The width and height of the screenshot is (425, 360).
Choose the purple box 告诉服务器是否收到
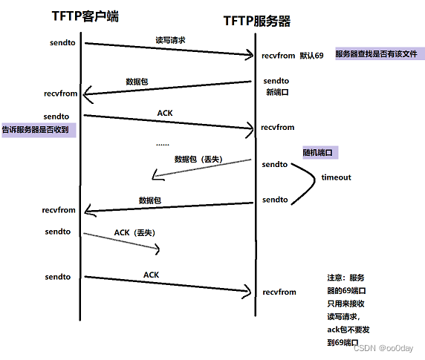tap(39, 129)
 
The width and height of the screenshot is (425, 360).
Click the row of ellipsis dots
tap(162, 144)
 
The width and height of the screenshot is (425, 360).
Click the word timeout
tap(336, 177)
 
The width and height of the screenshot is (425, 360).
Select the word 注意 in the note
tap(335, 275)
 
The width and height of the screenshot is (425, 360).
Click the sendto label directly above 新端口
tap(276, 80)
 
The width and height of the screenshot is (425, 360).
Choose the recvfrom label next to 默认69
tap(278, 56)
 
